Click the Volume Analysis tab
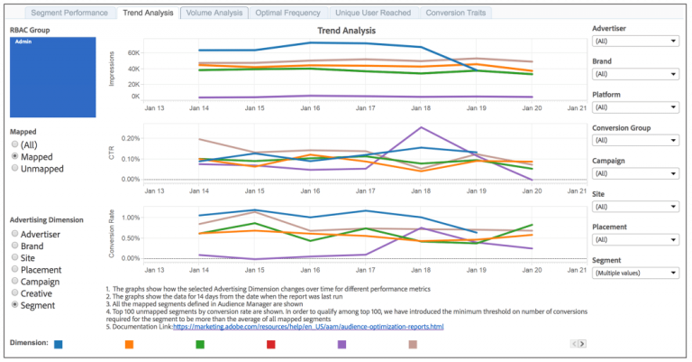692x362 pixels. tap(214, 14)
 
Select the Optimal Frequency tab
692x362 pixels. tap(287, 14)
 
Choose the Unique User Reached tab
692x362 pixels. tap(372, 14)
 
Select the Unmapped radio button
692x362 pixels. tap(14, 168)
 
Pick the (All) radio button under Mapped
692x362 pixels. tap(14, 144)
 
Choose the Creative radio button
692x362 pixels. tap(14, 293)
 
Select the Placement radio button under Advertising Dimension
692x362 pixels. tap(14, 270)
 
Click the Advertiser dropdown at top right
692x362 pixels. tap(634, 41)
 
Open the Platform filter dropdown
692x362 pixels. tap(634, 107)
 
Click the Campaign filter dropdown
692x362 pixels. tap(634, 172)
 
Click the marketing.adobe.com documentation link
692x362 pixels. tap(308, 327)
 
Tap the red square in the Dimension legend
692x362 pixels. tap(271, 344)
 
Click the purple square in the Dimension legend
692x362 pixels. tap(342, 344)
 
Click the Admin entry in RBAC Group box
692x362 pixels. tap(24, 42)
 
